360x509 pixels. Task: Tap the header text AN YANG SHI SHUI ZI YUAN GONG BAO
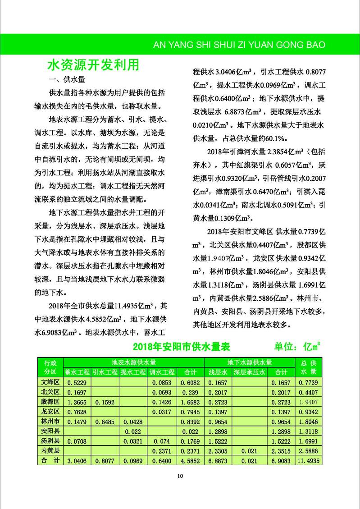[239, 45]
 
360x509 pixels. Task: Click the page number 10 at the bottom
[180, 476]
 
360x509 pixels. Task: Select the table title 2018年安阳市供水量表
[182, 347]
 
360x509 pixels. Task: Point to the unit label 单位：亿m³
[297, 347]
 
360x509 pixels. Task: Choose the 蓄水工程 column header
[77, 372]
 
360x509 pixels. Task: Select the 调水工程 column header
[162, 372]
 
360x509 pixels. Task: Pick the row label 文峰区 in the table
[50, 382]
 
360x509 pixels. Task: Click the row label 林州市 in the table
[50, 422]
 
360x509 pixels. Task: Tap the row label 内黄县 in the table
[50, 451]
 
